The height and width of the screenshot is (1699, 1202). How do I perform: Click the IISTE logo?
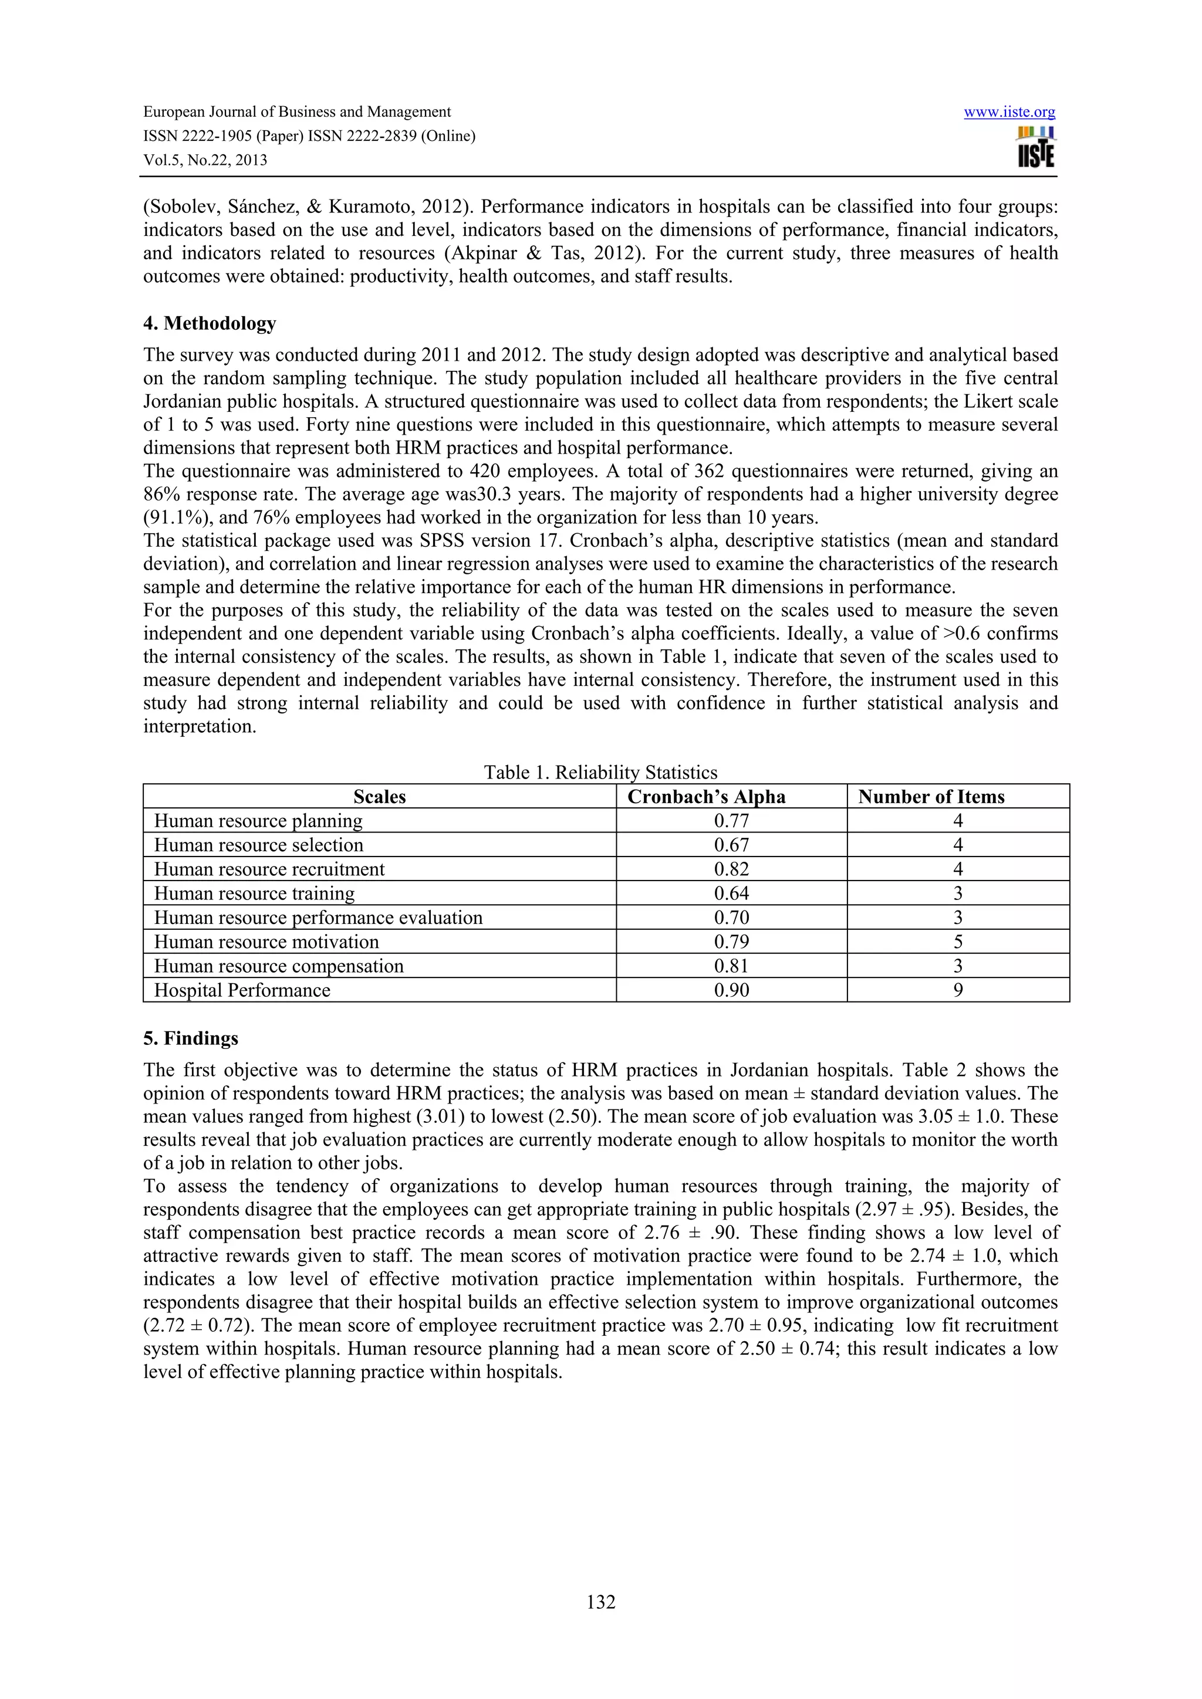click(x=1035, y=147)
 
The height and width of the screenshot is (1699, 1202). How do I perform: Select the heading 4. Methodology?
click(x=210, y=323)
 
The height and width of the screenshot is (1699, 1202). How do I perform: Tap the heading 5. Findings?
click(x=190, y=1038)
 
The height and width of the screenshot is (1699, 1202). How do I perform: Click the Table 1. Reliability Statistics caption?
click(x=600, y=773)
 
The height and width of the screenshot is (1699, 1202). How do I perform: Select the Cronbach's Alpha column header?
click(x=706, y=796)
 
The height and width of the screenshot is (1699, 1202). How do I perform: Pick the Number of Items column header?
click(x=931, y=796)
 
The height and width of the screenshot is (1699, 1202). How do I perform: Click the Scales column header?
click(x=379, y=796)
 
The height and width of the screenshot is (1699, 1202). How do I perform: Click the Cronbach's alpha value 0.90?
click(x=731, y=990)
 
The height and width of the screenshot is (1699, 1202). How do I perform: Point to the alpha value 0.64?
click(x=731, y=893)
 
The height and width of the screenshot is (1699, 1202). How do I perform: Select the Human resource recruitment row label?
click(x=269, y=869)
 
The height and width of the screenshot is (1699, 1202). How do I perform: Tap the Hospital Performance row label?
click(x=242, y=990)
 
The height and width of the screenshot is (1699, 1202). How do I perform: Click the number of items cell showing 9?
click(x=958, y=990)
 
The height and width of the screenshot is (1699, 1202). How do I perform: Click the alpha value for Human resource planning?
click(x=731, y=821)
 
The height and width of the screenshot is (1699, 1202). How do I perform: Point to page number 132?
click(x=600, y=1602)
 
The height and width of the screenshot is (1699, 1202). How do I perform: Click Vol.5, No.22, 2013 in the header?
click(x=205, y=160)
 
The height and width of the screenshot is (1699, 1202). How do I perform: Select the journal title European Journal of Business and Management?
click(x=297, y=111)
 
